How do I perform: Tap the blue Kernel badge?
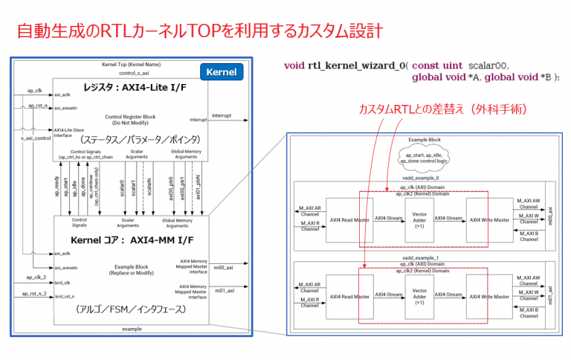tap(223, 73)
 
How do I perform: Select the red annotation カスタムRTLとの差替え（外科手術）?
tap(443, 109)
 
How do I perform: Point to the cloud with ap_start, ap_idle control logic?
tap(425, 157)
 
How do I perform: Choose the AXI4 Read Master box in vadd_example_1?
tap(349, 295)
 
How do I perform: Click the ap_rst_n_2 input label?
tap(33, 293)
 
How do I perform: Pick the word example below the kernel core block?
tap(132, 327)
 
